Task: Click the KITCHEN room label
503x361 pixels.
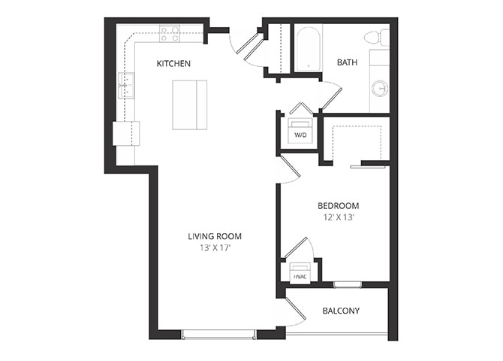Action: point(173,64)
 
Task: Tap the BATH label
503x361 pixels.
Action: point(347,62)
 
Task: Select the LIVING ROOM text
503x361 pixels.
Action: point(215,237)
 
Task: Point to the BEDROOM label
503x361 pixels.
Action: point(338,206)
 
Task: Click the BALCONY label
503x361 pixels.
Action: point(341,311)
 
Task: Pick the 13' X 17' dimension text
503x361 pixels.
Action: point(215,248)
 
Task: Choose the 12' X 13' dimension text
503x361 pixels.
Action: point(339,217)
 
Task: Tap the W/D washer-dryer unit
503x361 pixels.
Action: point(300,132)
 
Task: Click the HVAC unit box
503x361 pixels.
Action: point(300,274)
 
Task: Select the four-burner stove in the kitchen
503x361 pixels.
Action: point(170,34)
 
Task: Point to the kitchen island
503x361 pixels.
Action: point(190,105)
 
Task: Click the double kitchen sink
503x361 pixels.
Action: point(126,86)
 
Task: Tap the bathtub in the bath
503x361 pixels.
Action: point(309,49)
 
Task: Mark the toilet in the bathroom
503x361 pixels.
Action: point(377,37)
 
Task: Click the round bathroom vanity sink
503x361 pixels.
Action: point(380,88)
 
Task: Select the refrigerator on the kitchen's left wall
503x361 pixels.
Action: point(126,133)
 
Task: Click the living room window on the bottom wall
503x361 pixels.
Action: point(218,335)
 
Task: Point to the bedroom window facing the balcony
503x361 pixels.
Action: point(348,285)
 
